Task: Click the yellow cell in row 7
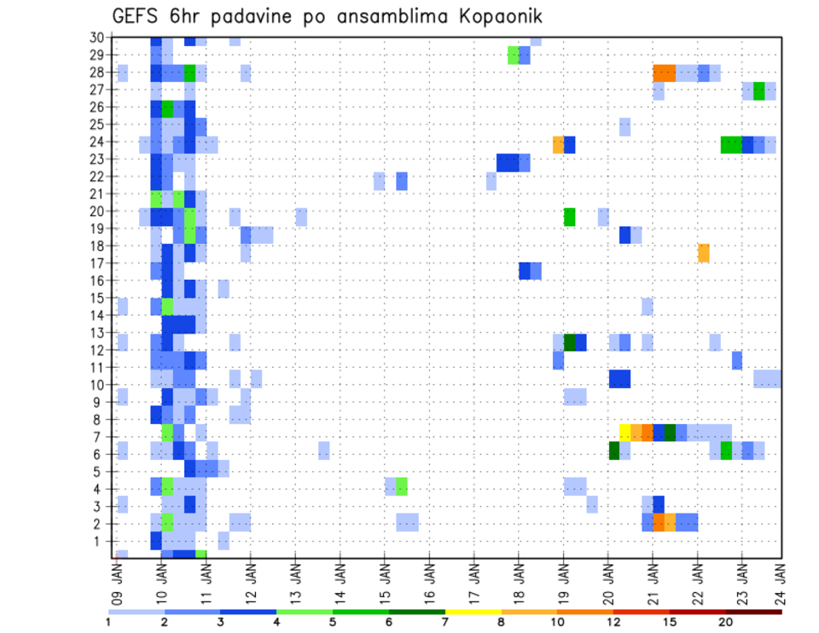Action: click(624, 432)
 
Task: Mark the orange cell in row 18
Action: click(704, 253)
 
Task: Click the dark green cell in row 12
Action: click(570, 342)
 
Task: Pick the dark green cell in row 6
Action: click(614, 450)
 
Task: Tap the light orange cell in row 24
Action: click(559, 145)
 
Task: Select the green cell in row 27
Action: click(758, 90)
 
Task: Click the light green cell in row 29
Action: click(514, 55)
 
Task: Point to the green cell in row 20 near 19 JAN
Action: click(570, 217)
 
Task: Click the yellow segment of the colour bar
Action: click(473, 612)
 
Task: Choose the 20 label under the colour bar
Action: click(726, 622)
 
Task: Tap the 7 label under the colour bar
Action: click(445, 622)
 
